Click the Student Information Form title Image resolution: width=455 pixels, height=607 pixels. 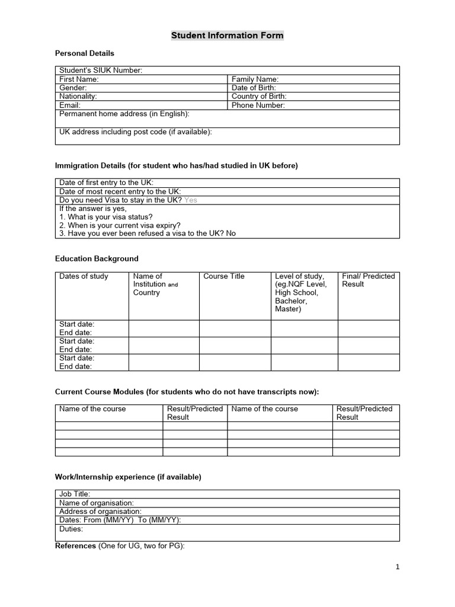pyautogui.click(x=227, y=36)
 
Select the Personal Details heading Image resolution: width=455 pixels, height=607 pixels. pyautogui.click(x=85, y=53)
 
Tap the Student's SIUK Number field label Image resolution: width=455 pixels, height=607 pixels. pyautogui.click(x=101, y=71)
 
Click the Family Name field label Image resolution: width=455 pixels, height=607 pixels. pyautogui.click(x=255, y=79)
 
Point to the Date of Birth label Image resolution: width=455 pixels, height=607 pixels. pyautogui.click(x=254, y=88)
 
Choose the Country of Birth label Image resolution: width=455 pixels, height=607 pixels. pyautogui.click(x=259, y=97)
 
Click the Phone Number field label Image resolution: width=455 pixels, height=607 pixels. pyautogui.click(x=258, y=106)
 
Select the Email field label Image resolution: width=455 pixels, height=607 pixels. pyautogui.click(x=70, y=106)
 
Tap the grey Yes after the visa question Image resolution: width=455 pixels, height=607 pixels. pyautogui.click(x=191, y=200)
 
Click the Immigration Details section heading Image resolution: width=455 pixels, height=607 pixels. pyautogui.click(x=177, y=166)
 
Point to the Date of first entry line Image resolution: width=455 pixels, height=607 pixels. pyautogui.click(x=106, y=183)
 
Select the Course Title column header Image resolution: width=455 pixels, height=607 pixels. pyautogui.click(x=224, y=276)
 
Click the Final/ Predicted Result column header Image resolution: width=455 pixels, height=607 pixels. pyautogui.click(x=368, y=280)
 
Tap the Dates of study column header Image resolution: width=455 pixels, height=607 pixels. pyautogui.click(x=84, y=276)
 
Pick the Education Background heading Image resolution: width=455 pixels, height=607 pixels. pyautogui.click(x=97, y=259)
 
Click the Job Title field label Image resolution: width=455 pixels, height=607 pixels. pyautogui.click(x=75, y=494)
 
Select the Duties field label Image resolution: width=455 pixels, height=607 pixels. pyautogui.click(x=71, y=529)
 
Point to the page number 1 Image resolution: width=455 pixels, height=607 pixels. pyautogui.click(x=398, y=567)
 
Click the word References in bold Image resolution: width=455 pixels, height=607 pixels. pyautogui.click(x=75, y=546)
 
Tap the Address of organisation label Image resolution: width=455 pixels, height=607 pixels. pyautogui.click(x=100, y=512)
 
